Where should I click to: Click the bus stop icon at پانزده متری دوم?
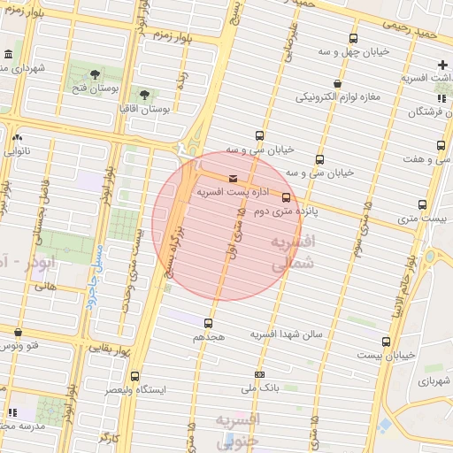coord(286,197)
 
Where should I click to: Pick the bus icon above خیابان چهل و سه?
coord(354,38)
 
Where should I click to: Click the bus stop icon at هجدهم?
coord(209,323)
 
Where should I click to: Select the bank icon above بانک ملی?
coord(257,374)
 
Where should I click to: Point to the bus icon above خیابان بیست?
coord(385,341)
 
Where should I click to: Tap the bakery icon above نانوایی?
coord(18,137)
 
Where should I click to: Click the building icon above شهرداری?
coord(8,54)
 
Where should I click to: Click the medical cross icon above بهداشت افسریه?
coord(442,65)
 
